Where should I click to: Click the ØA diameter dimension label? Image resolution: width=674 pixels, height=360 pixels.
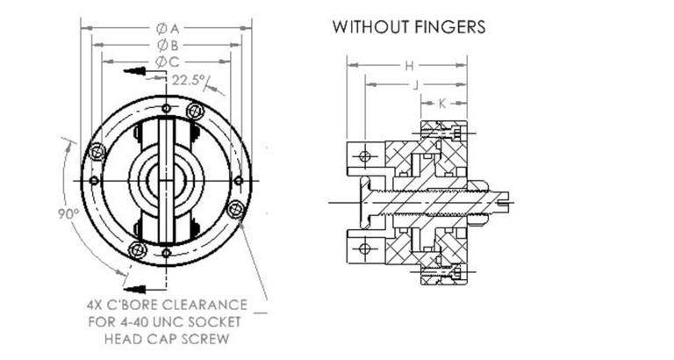pos(168,27)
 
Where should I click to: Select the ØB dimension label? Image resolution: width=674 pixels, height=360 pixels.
pos(168,45)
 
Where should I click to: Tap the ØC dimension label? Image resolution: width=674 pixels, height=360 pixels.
pos(168,61)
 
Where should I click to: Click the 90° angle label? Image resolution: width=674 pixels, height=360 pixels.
pos(68,213)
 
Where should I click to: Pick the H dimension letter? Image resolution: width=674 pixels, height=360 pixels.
pos(409,66)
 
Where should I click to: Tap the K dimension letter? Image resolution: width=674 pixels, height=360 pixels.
pos(441,104)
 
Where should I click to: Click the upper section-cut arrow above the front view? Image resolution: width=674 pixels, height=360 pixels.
pos(133,69)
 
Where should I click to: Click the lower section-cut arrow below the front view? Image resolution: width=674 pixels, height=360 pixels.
pos(133,288)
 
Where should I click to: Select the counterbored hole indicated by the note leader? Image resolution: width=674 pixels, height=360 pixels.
pos(233,211)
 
